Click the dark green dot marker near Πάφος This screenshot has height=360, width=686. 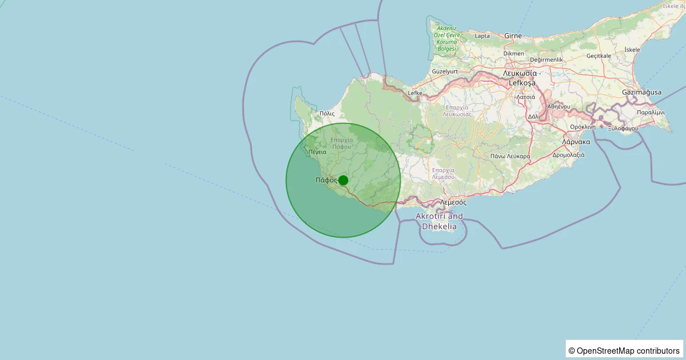tap(343, 180)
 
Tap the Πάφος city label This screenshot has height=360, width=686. tap(325, 180)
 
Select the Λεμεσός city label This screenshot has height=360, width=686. tap(453, 202)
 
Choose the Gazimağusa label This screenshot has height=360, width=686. tap(641, 92)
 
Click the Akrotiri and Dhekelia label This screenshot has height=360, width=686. tap(439, 221)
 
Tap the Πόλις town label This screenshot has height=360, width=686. tap(327, 114)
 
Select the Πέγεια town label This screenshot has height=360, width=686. tap(317, 153)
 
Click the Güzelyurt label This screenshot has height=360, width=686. tap(445, 71)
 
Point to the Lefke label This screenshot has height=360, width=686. tap(415, 93)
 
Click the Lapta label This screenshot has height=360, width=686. tap(482, 35)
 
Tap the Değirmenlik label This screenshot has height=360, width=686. tap(547, 59)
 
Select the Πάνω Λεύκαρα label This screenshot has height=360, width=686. tap(510, 156)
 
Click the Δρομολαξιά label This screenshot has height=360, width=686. tap(569, 155)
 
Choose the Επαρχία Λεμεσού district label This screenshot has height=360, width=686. tap(443, 173)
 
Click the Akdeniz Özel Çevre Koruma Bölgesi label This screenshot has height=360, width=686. tap(446, 38)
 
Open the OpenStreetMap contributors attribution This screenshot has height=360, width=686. tap(624, 350)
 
